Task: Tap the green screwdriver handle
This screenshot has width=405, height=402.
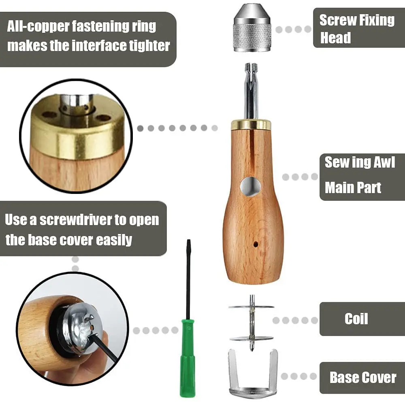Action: click(x=187, y=356)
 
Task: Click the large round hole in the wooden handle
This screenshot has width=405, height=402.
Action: click(x=250, y=187)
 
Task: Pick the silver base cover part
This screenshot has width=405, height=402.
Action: click(x=253, y=374)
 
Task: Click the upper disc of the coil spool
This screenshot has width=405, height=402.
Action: click(x=251, y=307)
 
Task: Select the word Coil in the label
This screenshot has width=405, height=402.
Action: click(x=356, y=319)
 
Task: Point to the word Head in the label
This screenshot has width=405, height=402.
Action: click(x=335, y=38)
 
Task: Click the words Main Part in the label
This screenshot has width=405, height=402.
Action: click(x=353, y=188)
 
